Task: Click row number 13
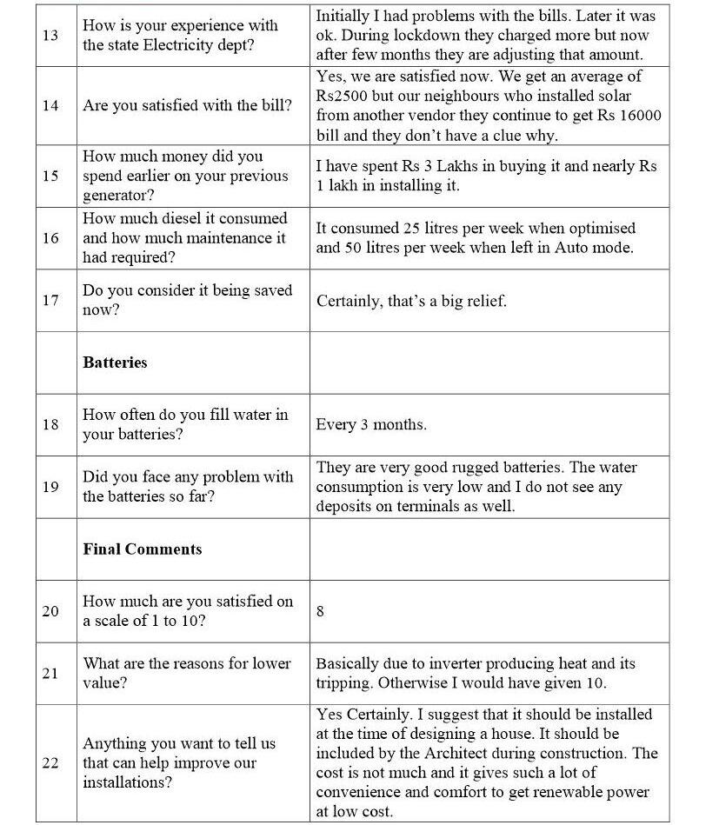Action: pos(50,36)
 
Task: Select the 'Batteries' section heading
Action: pos(115,363)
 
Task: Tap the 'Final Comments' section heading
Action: pos(142,549)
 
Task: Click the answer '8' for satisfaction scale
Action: pos(320,611)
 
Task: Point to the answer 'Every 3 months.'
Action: pos(371,425)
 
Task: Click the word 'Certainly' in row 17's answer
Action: pos(348,301)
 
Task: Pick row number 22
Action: pos(50,762)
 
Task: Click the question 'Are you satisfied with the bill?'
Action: pos(187,106)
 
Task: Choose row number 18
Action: pos(50,425)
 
